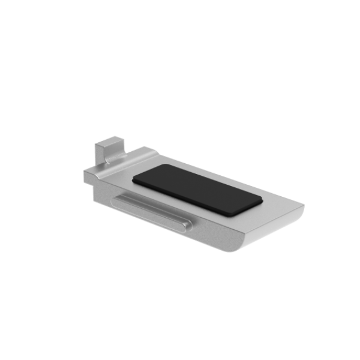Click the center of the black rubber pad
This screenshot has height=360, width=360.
(196, 188)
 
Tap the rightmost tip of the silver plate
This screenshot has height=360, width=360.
(304, 206)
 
